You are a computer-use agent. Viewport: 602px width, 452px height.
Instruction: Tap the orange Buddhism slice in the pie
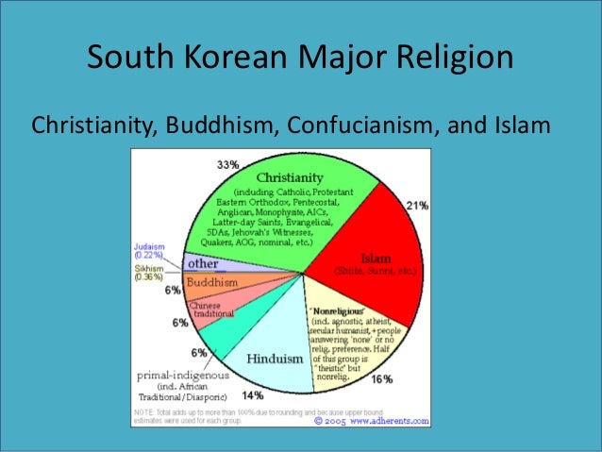point(226,283)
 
